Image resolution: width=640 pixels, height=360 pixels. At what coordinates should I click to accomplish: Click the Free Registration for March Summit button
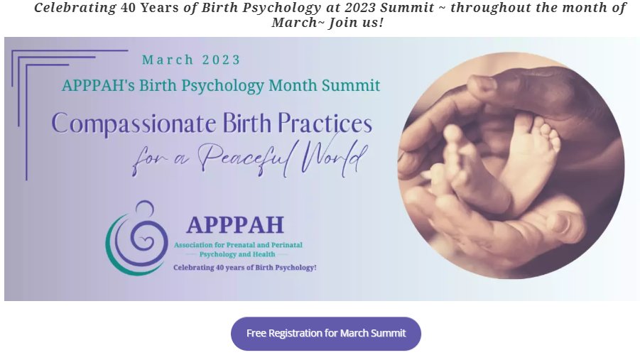tap(326, 333)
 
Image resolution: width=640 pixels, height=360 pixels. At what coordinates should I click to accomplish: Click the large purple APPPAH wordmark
tap(235, 224)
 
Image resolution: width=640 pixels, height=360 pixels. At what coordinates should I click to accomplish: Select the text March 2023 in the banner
tap(191, 60)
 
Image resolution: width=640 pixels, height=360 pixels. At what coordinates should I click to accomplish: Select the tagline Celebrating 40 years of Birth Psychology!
tap(245, 267)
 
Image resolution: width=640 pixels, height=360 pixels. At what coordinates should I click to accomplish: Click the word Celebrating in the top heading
tap(75, 8)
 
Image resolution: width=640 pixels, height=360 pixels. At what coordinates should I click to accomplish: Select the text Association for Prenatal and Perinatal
tap(238, 245)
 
